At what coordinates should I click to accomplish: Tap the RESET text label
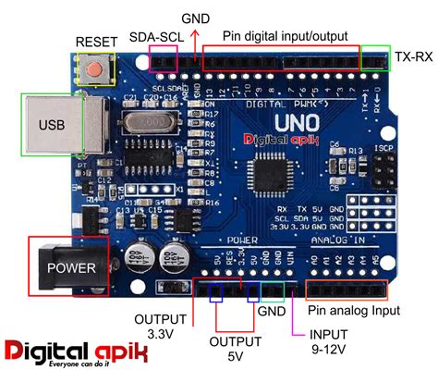[96, 42]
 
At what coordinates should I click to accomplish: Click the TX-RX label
[415, 56]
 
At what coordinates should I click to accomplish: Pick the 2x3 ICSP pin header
[387, 168]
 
